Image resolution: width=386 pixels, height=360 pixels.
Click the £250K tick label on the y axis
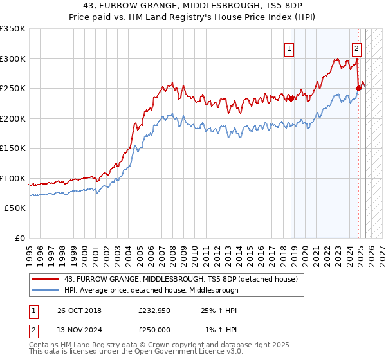click(x=13, y=89)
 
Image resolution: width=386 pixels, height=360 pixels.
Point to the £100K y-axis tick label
click(x=13, y=178)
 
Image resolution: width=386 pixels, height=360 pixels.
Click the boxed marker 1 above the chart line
click(x=289, y=48)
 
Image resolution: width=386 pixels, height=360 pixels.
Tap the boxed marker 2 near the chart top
click(x=356, y=48)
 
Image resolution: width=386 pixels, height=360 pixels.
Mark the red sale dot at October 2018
click(x=291, y=98)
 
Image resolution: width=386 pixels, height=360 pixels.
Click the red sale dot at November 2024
click(x=358, y=88)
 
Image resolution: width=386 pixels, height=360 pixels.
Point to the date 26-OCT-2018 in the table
click(x=78, y=310)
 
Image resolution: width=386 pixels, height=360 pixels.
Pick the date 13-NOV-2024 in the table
click(x=78, y=330)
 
